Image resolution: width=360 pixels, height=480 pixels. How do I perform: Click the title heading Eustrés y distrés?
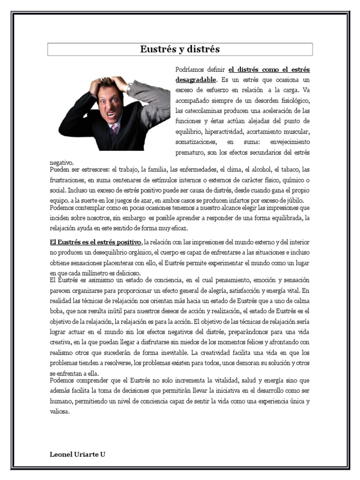[180, 49]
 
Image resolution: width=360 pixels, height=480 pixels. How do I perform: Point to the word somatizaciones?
[196, 142]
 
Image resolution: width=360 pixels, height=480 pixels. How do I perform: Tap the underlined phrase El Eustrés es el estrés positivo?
[95, 242]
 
